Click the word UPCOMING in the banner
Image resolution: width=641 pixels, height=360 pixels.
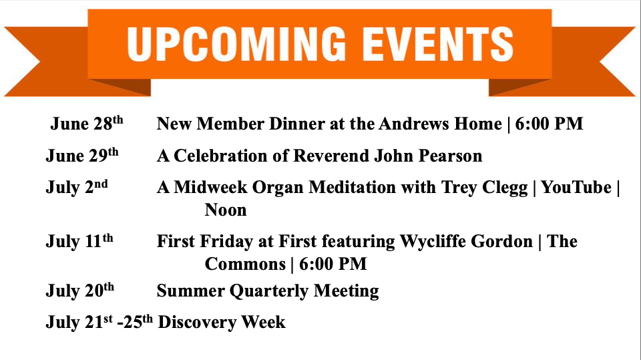click(x=236, y=43)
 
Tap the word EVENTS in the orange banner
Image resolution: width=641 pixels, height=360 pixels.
click(x=438, y=43)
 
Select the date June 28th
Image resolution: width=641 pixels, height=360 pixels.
click(x=87, y=123)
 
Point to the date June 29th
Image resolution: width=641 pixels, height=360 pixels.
click(x=82, y=155)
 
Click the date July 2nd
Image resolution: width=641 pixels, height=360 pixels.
click(x=77, y=187)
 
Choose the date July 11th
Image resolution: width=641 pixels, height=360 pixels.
click(x=79, y=240)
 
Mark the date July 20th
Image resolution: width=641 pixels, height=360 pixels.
click(x=79, y=291)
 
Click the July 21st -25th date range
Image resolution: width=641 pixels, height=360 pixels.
click(x=99, y=321)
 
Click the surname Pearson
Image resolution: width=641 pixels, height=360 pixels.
click(x=451, y=156)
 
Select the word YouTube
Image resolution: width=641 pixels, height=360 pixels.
click(x=576, y=187)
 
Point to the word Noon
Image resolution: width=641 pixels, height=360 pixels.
click(x=226, y=210)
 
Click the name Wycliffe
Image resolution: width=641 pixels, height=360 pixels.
click(x=433, y=241)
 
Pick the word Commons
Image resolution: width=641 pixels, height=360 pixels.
click(x=245, y=264)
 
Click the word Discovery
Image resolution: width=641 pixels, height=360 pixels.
click(x=198, y=322)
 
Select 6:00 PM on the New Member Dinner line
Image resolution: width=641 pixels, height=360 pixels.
click(x=549, y=124)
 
